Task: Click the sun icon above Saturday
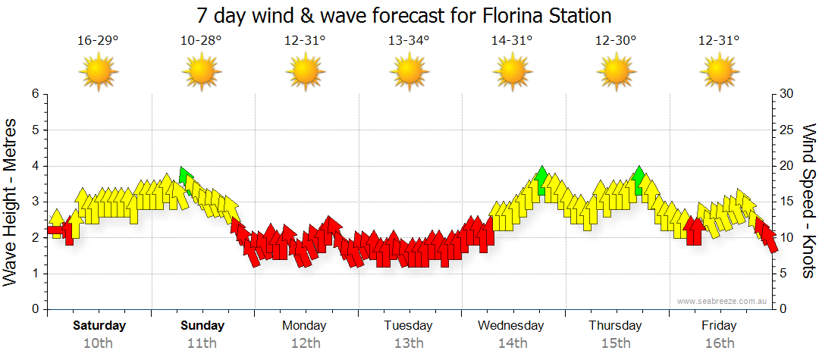(x=99, y=73)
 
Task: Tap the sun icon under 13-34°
(x=409, y=73)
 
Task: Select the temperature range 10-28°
(x=201, y=40)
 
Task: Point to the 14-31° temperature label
(x=512, y=40)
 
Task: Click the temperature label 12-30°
(x=615, y=40)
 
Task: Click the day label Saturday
(x=99, y=326)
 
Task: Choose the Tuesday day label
(x=408, y=326)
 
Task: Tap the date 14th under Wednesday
(x=512, y=343)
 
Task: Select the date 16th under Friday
(x=719, y=343)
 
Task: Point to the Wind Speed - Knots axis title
(x=808, y=201)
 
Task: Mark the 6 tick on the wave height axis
(x=35, y=94)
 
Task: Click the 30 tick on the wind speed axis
(x=786, y=94)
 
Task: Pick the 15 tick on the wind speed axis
(x=786, y=202)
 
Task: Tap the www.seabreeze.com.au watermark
(x=723, y=301)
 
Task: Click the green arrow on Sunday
(x=184, y=176)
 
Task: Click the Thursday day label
(x=615, y=326)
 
